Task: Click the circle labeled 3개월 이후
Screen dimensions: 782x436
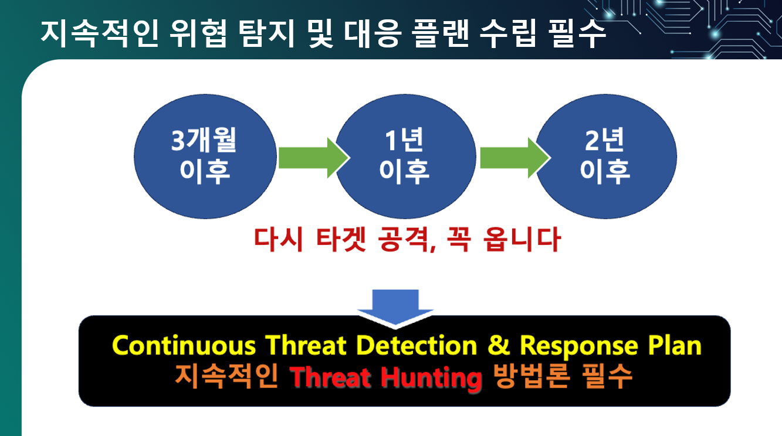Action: coord(205,156)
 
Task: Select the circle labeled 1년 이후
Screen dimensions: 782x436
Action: coord(405,156)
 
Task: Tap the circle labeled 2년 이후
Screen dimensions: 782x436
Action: coord(607,156)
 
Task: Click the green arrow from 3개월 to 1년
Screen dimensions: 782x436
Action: coord(314,158)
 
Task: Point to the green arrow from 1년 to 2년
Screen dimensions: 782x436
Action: coord(515,158)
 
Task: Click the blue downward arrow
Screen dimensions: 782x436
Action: coord(395,308)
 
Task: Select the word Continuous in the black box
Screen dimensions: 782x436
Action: coord(184,346)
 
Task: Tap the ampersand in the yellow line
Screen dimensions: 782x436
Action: coord(499,346)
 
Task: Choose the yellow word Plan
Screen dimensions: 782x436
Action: coord(675,346)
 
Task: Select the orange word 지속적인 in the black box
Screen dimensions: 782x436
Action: coord(226,377)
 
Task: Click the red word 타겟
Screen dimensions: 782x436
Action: coord(341,239)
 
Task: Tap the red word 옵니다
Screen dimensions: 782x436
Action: coord(522,239)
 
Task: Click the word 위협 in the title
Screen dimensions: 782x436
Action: coord(198,33)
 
